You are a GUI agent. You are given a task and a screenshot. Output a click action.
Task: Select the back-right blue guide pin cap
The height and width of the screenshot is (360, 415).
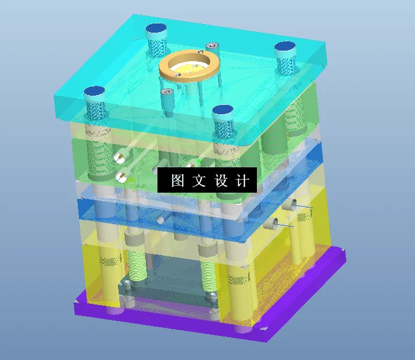point(285,47)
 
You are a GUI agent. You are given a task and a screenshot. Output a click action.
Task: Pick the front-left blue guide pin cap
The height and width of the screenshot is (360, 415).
point(94,92)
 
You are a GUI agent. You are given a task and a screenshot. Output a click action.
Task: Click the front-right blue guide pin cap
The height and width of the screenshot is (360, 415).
point(222,111)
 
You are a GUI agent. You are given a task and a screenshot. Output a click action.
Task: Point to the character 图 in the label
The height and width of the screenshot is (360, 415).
point(178,180)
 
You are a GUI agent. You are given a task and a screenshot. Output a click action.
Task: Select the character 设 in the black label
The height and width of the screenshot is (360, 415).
point(221,180)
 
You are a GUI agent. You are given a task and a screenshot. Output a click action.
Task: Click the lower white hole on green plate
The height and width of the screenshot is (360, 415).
point(122,177)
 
